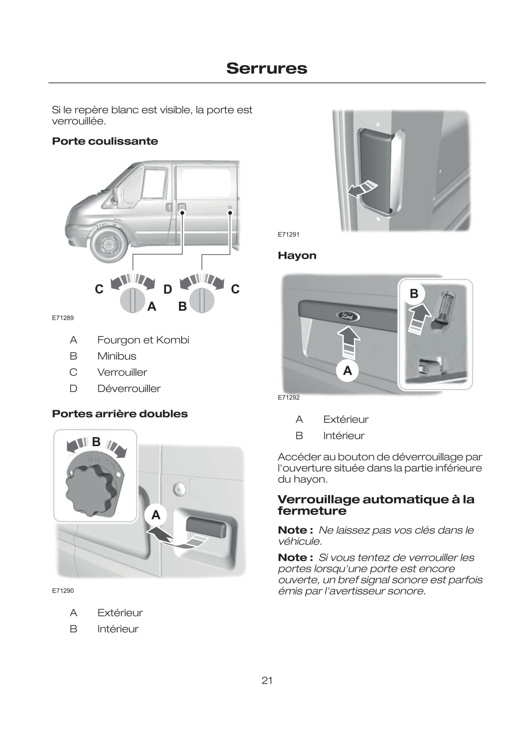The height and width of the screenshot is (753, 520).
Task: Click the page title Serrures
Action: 266,68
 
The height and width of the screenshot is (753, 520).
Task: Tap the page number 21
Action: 267,680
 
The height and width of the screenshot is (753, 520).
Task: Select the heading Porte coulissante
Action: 105,141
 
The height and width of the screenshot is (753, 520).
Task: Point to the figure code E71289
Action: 62,318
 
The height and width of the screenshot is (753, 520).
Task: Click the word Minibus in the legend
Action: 117,356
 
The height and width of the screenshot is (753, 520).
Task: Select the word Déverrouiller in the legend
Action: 129,388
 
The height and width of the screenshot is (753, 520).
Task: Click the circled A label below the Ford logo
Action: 347,371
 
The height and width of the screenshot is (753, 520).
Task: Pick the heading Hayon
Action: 297,255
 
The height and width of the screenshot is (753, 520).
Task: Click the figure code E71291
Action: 289,234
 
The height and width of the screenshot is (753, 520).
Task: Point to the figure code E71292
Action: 289,397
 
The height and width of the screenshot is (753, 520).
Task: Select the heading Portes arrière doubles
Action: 120,414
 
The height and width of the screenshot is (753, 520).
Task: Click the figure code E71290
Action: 62,590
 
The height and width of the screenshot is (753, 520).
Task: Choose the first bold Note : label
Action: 295,530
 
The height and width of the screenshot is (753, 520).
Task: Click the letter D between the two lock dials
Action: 168,290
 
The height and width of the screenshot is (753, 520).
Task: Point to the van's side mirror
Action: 115,193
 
